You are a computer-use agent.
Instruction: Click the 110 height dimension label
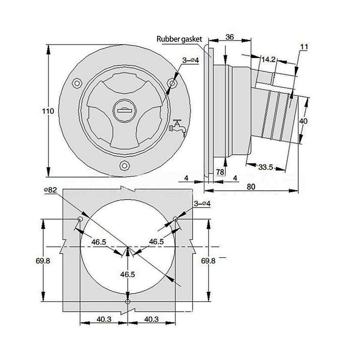tap(48, 111)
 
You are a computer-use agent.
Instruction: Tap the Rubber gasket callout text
tap(179, 39)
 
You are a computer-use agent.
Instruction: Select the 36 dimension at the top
tap(229, 37)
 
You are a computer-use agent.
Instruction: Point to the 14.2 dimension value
tap(268, 60)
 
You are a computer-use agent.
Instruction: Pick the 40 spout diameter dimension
tap(303, 121)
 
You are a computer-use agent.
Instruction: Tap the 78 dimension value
tap(220, 172)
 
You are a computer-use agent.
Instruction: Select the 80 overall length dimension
tap(251, 187)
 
